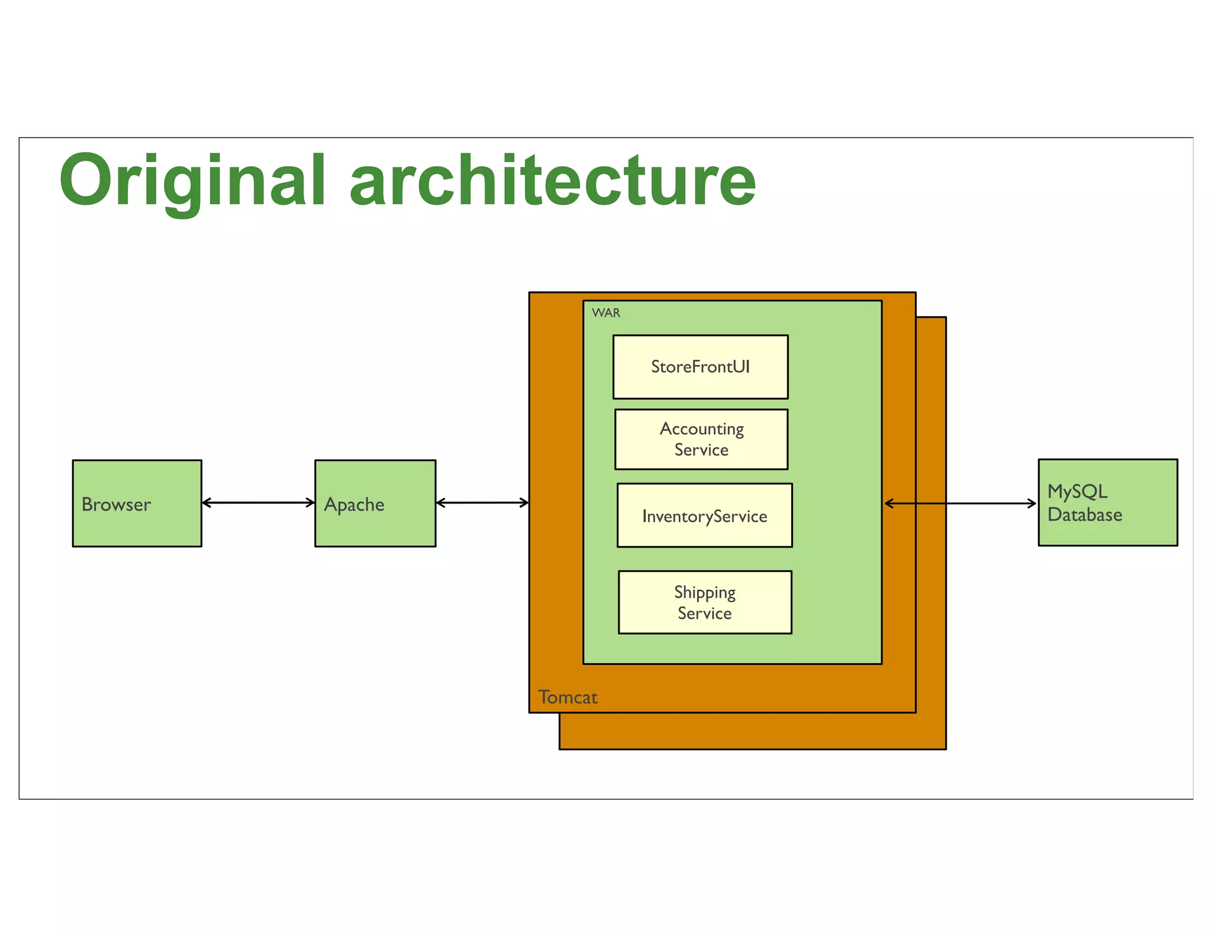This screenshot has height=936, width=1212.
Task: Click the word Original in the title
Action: pos(192,180)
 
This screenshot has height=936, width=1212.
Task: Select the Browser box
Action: pos(137,503)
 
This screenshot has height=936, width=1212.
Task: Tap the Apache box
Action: pos(375,503)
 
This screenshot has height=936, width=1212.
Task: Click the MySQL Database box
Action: pos(1107,502)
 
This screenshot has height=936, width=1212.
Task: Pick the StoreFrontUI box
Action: pos(700,367)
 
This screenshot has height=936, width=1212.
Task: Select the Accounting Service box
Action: pos(701,439)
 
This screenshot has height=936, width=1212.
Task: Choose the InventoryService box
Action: pos(704,515)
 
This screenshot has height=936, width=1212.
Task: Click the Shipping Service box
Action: pos(705,602)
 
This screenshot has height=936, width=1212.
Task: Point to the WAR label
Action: pos(606,313)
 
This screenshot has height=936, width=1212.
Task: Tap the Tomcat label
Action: pos(568,697)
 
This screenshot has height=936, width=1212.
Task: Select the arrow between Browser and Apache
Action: pos(258,503)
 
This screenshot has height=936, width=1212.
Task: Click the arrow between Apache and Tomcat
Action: pos(482,503)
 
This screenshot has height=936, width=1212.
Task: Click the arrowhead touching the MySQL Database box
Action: pos(1032,503)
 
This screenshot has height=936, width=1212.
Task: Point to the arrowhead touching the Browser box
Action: pos(207,503)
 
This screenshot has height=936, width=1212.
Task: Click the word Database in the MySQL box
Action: pos(1084,515)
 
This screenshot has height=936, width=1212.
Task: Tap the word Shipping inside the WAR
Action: pos(705,592)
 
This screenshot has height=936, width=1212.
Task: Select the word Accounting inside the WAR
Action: pos(702,429)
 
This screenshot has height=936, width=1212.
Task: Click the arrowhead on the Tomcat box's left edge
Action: pos(524,503)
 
